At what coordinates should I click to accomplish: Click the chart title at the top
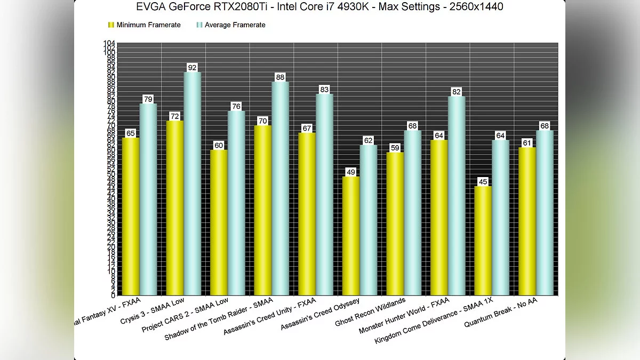coord(319,7)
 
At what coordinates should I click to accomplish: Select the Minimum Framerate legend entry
coord(144,25)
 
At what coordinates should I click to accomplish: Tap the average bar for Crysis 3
coord(192,184)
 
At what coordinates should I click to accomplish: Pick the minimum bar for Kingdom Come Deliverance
coord(483,241)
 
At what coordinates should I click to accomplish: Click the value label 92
coord(192,68)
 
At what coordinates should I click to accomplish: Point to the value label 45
coord(483,182)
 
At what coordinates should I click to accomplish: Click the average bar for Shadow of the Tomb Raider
coord(280,189)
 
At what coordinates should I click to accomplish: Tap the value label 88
coord(280,77)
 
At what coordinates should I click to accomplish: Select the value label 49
coord(350,172)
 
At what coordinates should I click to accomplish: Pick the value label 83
coord(324,90)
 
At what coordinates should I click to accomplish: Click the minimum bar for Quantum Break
coord(527,221)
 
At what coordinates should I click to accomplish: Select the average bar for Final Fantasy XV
coord(148,199)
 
